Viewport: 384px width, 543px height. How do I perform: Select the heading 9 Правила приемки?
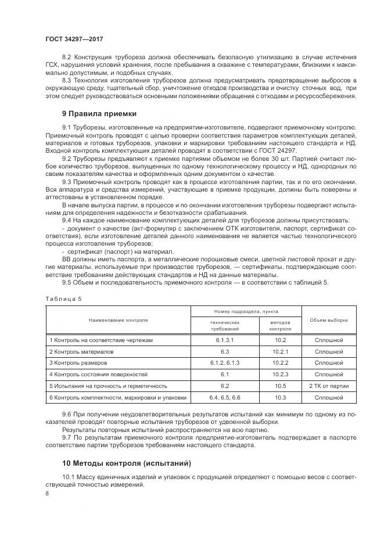[x=99, y=113]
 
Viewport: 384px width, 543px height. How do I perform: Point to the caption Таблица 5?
[x=64, y=299]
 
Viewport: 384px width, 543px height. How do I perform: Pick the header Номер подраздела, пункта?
[x=246, y=312]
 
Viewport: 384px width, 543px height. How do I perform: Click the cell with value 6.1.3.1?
[x=225, y=340]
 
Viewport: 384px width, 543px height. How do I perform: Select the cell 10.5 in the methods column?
[x=281, y=386]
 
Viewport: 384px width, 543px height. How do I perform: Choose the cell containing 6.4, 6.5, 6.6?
[x=225, y=397]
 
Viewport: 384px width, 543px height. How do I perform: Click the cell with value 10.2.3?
[x=281, y=375]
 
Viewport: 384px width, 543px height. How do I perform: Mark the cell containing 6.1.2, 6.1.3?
[x=225, y=363]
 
